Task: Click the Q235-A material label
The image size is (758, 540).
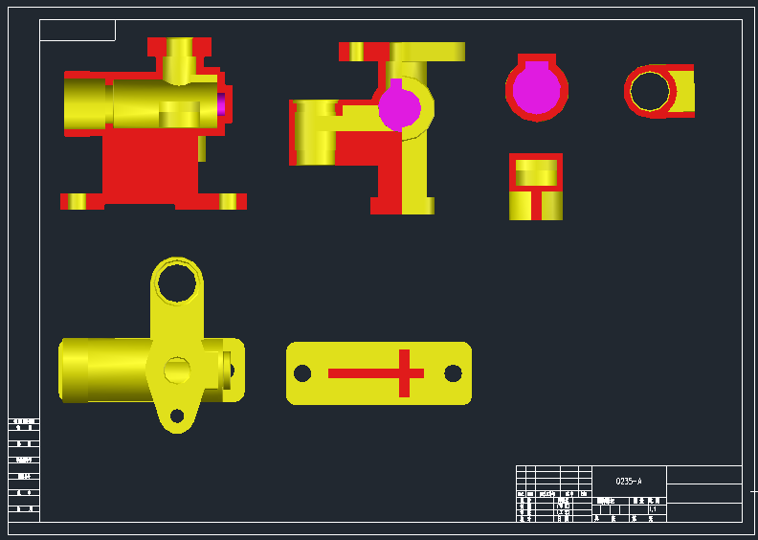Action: [x=629, y=481]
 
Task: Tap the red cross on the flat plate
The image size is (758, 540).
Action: [x=403, y=373]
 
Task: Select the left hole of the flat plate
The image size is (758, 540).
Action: [x=302, y=373]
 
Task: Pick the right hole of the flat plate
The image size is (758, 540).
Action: [x=453, y=373]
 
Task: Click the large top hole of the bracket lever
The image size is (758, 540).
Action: [x=177, y=282]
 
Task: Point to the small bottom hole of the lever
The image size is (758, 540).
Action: [x=177, y=416]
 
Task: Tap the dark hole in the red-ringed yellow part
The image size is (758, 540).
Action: [x=649, y=91]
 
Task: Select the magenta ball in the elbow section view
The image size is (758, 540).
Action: [x=399, y=108]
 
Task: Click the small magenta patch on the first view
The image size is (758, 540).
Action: [x=221, y=104]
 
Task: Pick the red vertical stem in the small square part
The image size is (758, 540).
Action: [x=536, y=205]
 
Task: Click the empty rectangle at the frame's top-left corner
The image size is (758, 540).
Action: [x=78, y=31]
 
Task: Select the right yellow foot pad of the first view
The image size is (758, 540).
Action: [x=228, y=201]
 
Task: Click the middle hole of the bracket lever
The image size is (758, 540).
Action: [x=177, y=370]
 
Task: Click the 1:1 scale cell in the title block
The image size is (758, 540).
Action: [x=653, y=509]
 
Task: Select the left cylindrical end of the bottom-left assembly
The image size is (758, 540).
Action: [x=75, y=370]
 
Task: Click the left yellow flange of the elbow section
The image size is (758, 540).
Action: [x=315, y=132]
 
